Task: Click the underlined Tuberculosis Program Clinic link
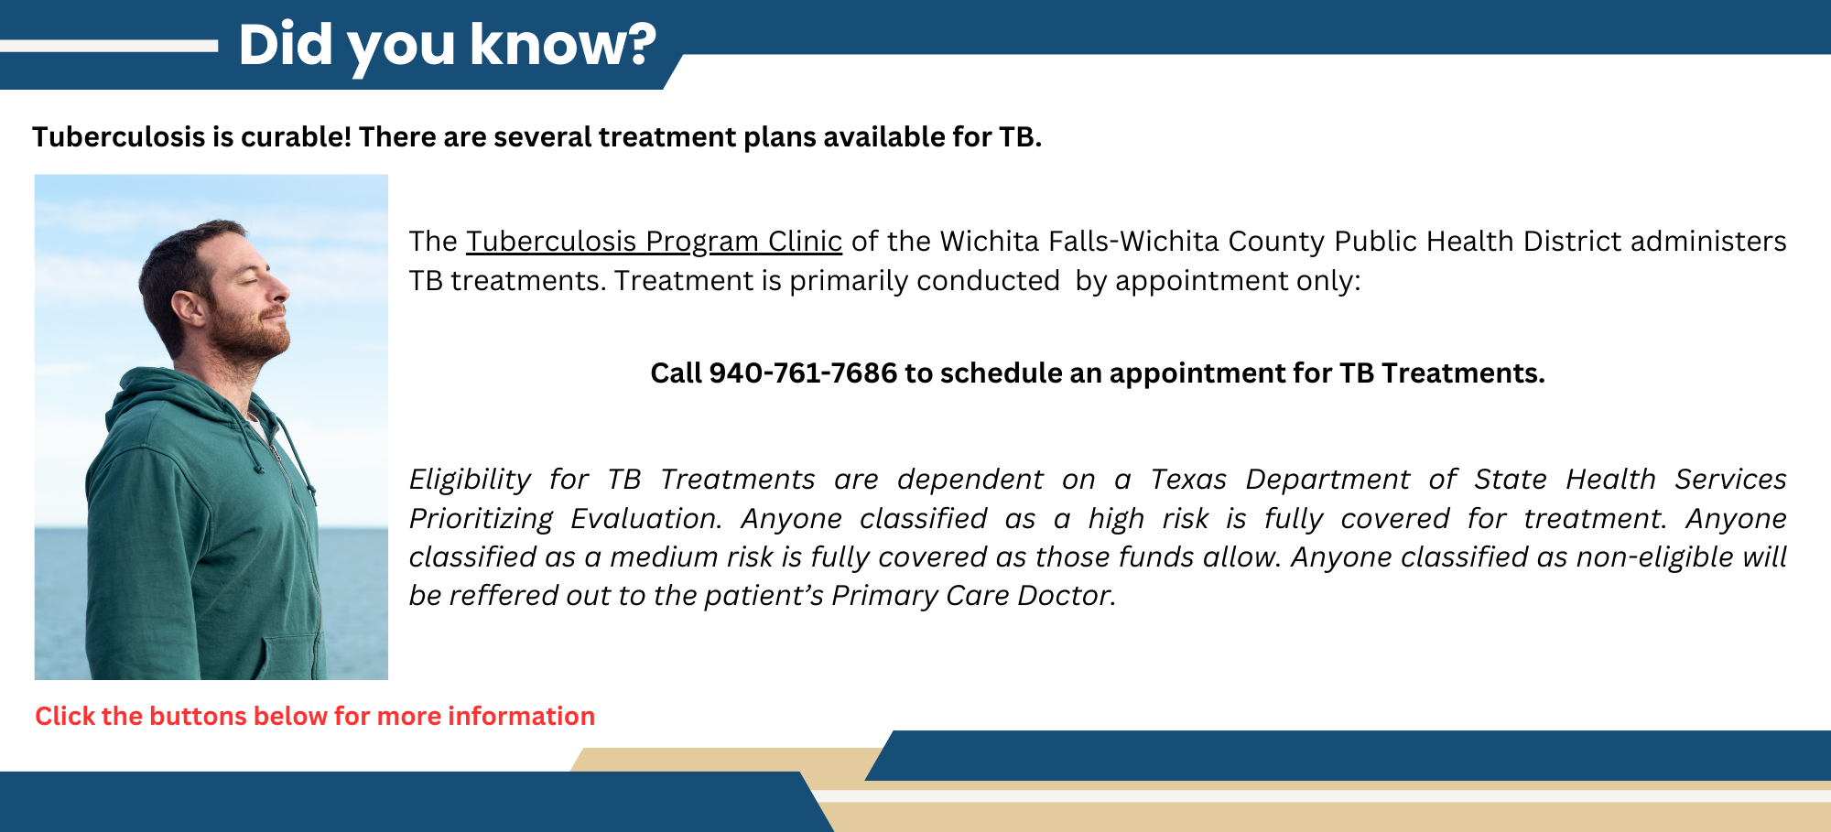(654, 241)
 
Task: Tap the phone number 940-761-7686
(802, 373)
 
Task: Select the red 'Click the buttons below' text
(314, 716)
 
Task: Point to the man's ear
(189, 307)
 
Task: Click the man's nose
(280, 291)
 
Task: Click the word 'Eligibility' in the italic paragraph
(469, 479)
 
